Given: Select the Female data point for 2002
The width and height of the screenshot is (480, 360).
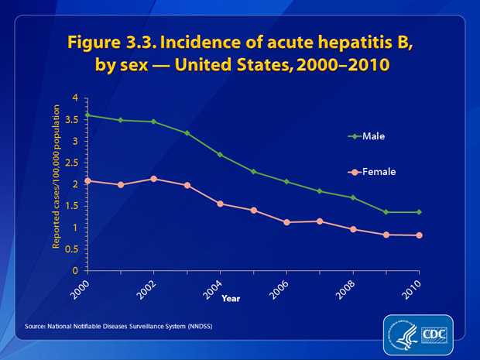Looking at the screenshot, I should coord(154,179).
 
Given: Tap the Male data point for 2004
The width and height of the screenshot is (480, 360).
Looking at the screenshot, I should coord(221,155).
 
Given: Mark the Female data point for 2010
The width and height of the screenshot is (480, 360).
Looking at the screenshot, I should coord(419,235).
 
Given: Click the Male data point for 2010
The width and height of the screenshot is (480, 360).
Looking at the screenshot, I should coord(419,212).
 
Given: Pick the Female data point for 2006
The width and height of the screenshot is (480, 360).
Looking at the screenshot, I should coord(286,222).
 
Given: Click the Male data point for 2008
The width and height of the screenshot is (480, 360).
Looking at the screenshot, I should coord(353,197).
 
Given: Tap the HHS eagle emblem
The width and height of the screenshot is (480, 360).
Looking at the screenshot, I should coord(401,335).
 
